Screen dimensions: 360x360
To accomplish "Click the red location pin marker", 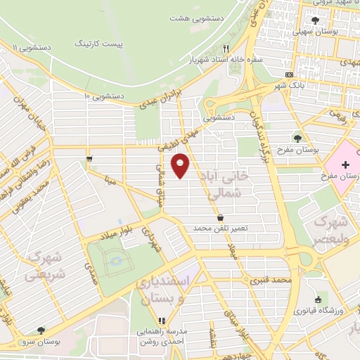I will click(181, 165).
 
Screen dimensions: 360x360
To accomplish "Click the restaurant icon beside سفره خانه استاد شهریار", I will click(226, 49).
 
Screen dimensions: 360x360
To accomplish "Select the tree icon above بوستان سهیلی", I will click(314, 20).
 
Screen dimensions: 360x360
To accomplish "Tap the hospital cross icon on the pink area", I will click(344, 165).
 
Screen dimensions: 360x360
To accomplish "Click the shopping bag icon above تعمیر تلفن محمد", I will click(221, 218).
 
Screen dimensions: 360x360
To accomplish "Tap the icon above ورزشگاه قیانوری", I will click(319, 300).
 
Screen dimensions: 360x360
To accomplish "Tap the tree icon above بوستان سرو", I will click(41, 330).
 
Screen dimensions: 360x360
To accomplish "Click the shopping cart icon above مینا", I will click(89, 159).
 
